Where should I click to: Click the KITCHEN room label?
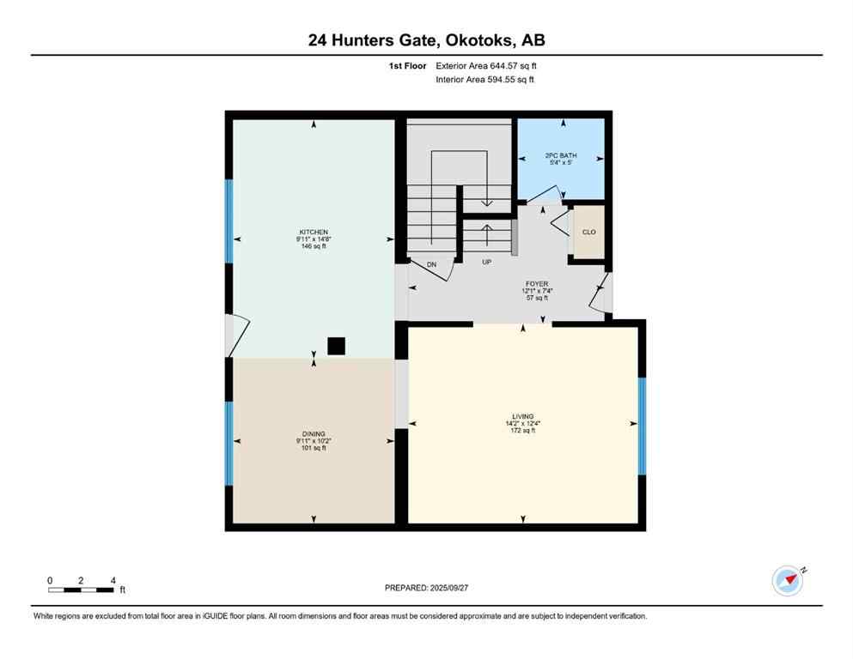point(314,232)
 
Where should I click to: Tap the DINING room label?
point(314,434)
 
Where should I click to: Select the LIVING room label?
point(523,417)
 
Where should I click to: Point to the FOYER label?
point(537,283)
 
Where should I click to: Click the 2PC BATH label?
point(561,155)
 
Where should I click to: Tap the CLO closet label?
point(588,232)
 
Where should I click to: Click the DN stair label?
point(432,265)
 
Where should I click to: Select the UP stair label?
point(486,262)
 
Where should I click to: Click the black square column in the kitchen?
point(336,346)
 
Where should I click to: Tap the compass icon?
point(787,580)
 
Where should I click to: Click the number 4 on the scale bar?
point(113,580)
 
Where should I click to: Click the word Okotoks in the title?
point(477,39)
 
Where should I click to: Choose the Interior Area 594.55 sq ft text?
point(485,79)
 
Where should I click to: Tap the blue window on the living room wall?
point(642,426)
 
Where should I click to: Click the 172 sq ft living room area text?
point(523,431)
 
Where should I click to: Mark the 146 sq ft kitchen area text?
point(314,246)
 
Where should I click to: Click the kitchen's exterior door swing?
point(239,336)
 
